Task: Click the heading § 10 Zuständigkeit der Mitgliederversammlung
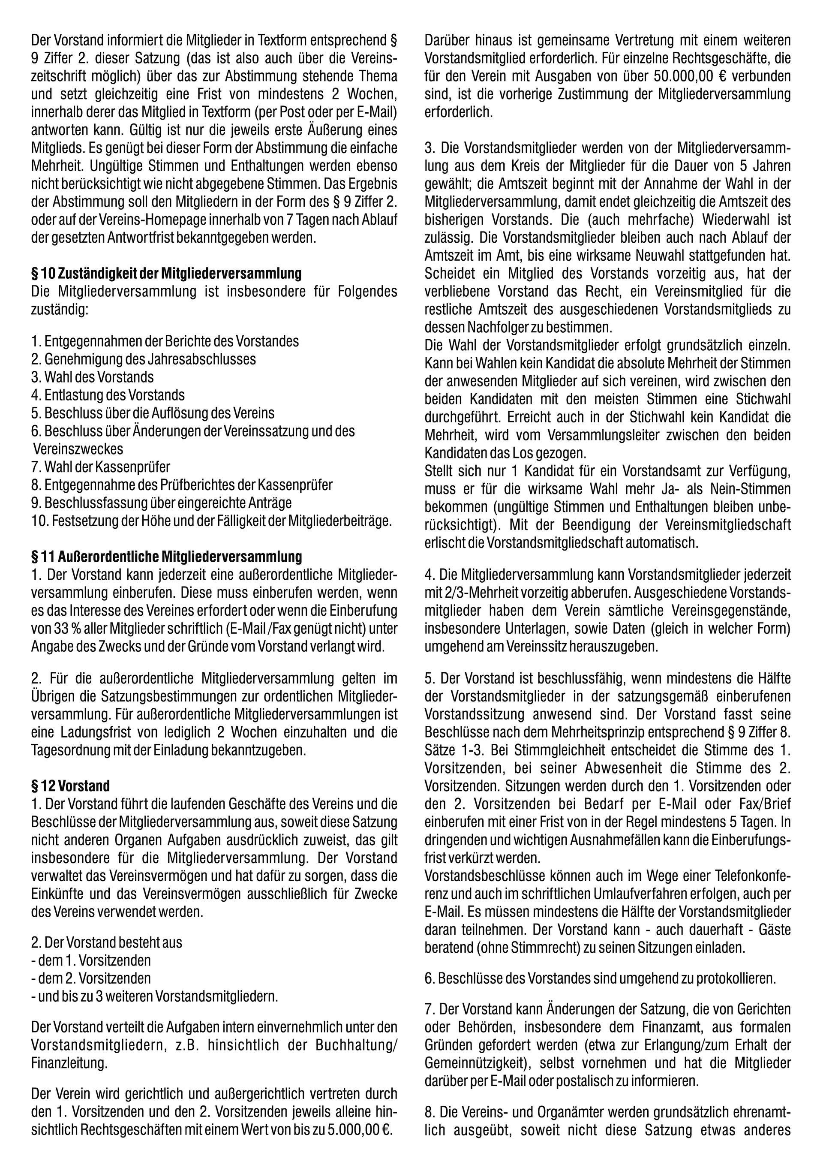coord(166,274)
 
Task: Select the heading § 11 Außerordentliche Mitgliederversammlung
coord(166,557)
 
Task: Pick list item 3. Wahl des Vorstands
coord(92,377)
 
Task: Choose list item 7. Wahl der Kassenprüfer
coord(100,467)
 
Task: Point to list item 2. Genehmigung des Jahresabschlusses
coord(143,359)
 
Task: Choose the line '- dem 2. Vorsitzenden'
coord(91,978)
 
